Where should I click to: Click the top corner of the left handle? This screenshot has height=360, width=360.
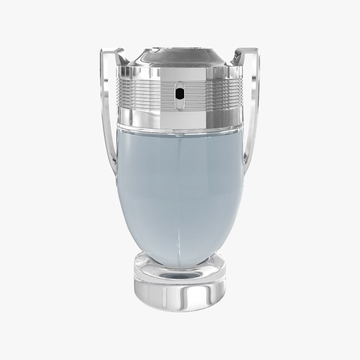[110, 52]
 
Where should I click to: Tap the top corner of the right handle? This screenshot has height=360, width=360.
[248, 52]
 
